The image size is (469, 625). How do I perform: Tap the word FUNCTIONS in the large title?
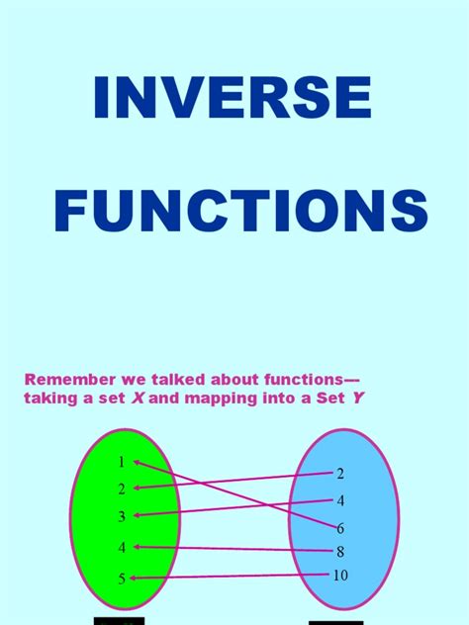(240, 213)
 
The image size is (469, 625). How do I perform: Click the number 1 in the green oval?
(121, 462)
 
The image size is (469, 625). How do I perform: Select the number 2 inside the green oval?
(122, 489)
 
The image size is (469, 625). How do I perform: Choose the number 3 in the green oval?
(122, 516)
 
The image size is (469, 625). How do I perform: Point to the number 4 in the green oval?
(122, 547)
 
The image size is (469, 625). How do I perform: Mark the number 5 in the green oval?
(122, 579)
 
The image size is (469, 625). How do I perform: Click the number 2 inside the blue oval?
(340, 474)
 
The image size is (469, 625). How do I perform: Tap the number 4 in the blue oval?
(340, 500)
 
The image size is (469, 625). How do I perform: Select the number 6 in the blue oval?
(340, 528)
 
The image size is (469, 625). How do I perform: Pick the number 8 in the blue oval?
(340, 552)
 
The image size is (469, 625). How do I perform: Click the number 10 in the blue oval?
(340, 576)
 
